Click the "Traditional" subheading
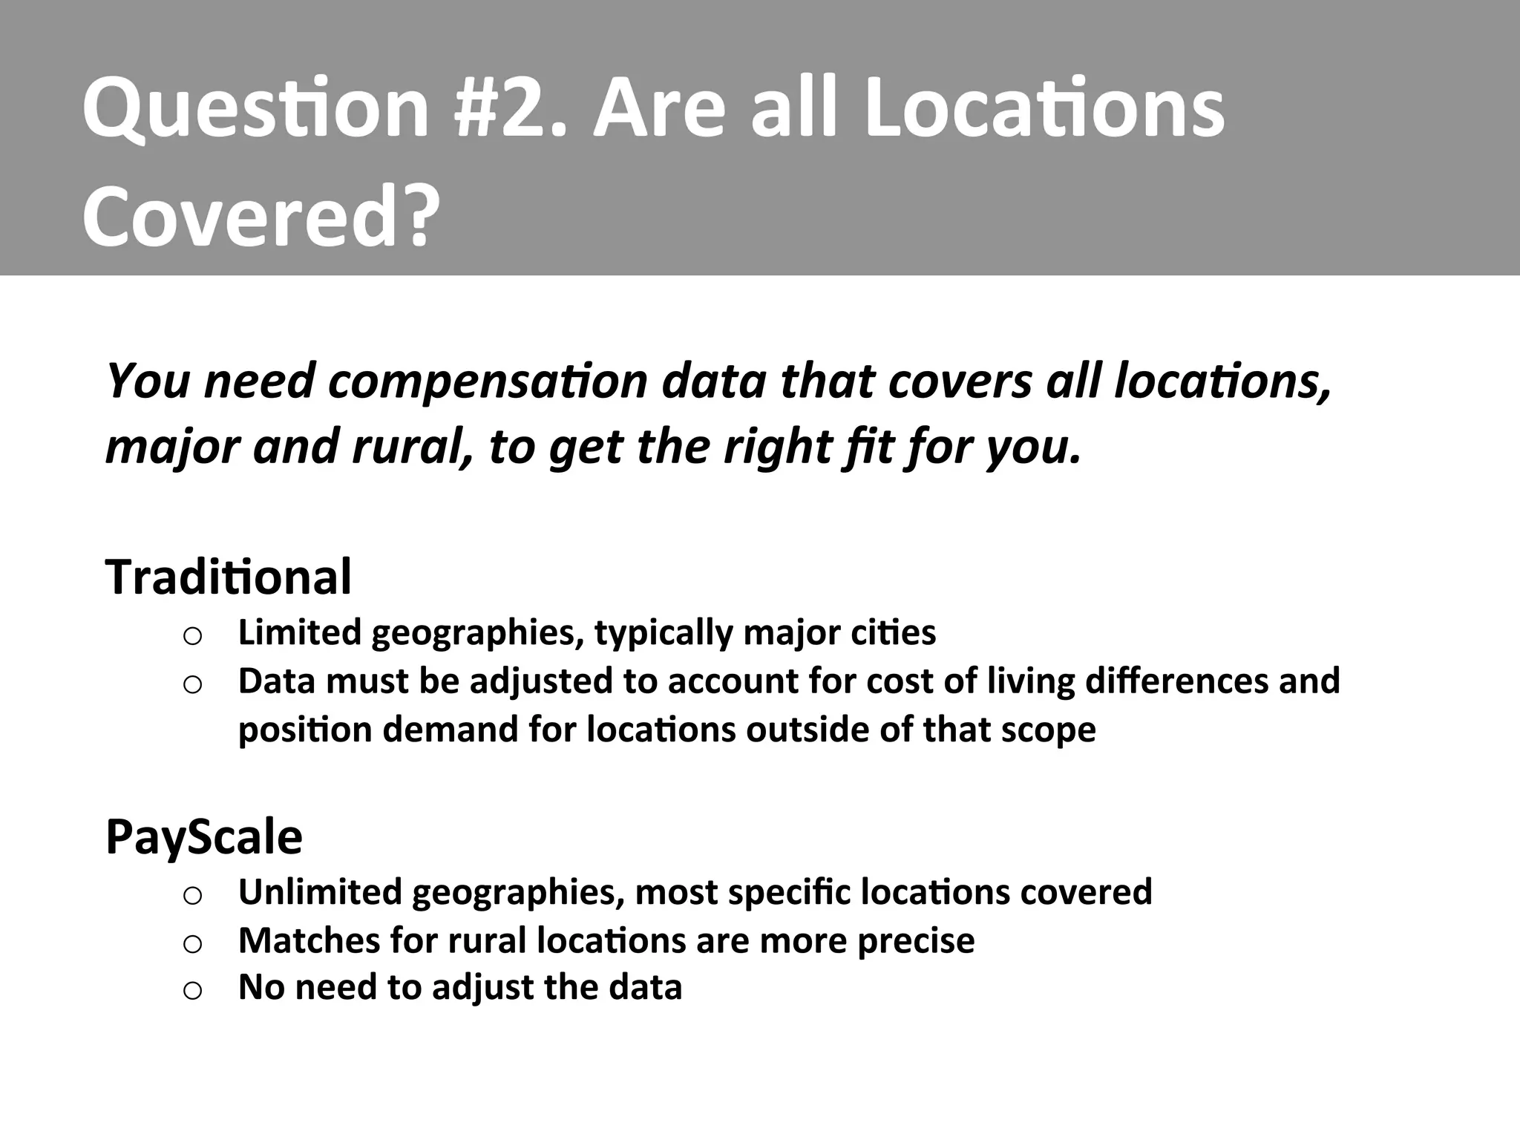[229, 577]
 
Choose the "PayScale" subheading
[204, 836]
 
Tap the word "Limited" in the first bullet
[299, 632]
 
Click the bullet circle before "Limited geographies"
[192, 636]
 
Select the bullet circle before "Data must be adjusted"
[192, 684]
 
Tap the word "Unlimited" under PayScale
[320, 891]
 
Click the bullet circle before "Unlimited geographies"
[192, 896]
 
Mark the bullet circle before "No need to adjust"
[192, 991]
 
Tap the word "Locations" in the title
[1045, 109]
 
